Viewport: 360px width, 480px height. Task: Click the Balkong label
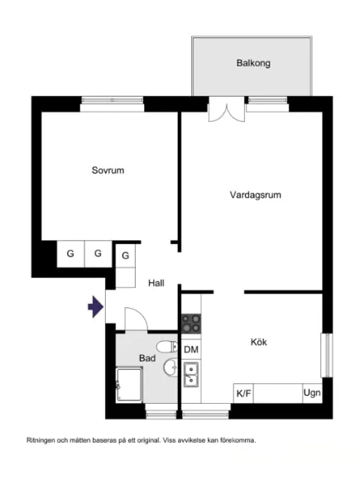253,63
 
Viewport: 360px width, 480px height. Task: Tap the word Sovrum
108,170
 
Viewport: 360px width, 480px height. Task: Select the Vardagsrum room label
257,195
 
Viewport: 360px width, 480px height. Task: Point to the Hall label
156,283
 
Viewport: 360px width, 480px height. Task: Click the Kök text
259,341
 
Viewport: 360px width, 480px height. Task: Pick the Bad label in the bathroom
147,358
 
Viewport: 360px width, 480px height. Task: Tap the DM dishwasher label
191,350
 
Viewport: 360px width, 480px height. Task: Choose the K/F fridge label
244,393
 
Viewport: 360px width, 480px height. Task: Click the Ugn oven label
312,393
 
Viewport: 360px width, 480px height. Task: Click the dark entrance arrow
95,308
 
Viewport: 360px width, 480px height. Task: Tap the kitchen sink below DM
191,377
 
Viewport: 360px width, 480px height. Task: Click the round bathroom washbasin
169,367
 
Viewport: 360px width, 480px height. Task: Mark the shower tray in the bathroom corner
129,386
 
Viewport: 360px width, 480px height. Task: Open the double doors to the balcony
226,110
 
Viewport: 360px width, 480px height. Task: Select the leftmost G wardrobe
70,253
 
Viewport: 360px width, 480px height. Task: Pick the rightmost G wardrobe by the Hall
126,256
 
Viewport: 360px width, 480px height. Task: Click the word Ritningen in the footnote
42,439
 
